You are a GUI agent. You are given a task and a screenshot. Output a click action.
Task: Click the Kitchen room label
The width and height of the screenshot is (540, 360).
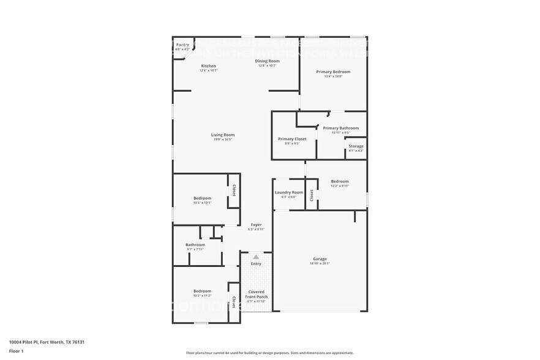[x=209, y=66]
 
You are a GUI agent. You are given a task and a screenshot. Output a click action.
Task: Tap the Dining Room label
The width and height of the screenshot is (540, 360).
[x=268, y=61]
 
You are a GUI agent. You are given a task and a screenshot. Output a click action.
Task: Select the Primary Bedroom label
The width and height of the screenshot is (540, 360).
[x=333, y=72]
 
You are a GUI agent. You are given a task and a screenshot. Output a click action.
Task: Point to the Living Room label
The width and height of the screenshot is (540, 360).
[x=223, y=135]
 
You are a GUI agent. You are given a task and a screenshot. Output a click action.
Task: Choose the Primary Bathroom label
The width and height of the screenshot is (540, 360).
[x=340, y=128]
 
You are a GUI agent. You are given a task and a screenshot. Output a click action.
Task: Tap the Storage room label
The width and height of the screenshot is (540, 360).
[x=356, y=146]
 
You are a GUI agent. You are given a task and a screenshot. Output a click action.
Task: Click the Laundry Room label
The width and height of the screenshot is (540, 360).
[x=289, y=192]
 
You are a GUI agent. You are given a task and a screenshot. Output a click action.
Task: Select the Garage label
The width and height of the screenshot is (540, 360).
[x=320, y=259]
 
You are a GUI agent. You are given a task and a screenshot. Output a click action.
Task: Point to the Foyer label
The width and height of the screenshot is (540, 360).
[x=256, y=225]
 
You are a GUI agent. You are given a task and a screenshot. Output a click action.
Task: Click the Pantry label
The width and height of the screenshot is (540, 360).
[x=182, y=45]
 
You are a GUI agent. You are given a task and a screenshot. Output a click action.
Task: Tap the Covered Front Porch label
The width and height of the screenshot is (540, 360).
[x=256, y=294]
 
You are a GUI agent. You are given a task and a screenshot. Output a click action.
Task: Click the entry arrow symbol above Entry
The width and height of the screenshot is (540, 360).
[x=256, y=257]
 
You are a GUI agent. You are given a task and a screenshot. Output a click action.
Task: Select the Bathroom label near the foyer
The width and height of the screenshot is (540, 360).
[x=195, y=244]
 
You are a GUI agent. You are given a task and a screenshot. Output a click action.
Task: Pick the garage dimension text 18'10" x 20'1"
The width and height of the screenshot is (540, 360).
[x=320, y=263]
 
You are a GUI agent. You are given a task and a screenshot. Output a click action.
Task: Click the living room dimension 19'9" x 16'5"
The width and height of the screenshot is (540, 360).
[x=223, y=139]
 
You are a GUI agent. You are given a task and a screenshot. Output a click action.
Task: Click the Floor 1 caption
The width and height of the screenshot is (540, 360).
[x=16, y=351]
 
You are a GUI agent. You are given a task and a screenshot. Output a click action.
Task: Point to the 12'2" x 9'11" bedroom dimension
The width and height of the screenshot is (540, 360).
[x=340, y=186]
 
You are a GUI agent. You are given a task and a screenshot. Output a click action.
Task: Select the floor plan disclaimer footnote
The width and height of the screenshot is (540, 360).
[x=269, y=353]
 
